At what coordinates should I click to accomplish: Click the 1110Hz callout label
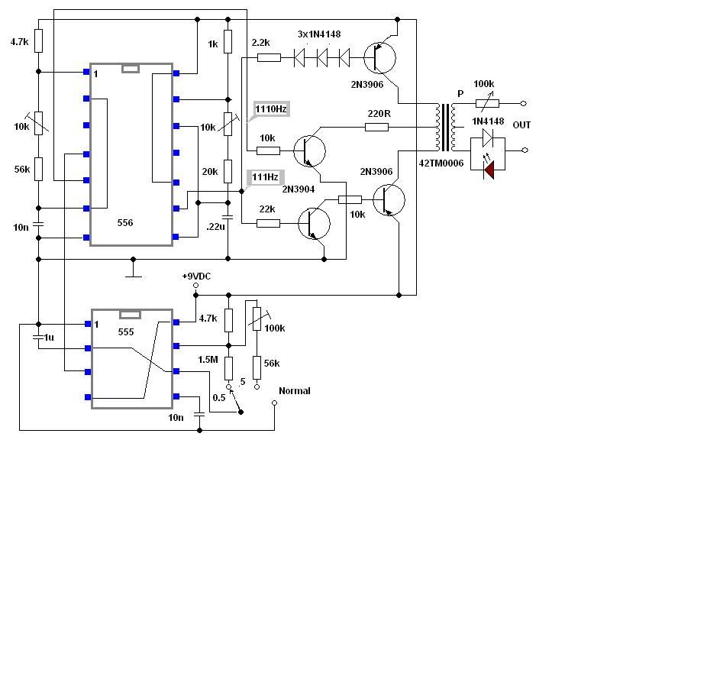pyautogui.click(x=271, y=109)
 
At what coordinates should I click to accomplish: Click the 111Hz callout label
pyautogui.click(x=266, y=176)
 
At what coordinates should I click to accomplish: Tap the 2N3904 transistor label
pyautogui.click(x=299, y=189)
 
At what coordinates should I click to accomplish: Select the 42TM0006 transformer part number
pyautogui.click(x=441, y=163)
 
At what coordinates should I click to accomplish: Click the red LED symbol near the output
pyautogui.click(x=489, y=170)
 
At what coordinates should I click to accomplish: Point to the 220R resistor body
pyautogui.click(x=376, y=128)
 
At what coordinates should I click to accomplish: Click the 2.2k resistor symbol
pyautogui.click(x=270, y=58)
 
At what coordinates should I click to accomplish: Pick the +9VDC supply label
pyautogui.click(x=196, y=276)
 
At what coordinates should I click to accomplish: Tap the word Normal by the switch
pyautogui.click(x=295, y=391)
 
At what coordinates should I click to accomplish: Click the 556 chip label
pyautogui.click(x=125, y=223)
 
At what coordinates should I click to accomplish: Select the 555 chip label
pyautogui.click(x=126, y=332)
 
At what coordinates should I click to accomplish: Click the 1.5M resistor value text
pyautogui.click(x=208, y=360)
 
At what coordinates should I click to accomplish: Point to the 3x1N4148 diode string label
pyautogui.click(x=319, y=34)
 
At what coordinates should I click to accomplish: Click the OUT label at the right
pyautogui.click(x=521, y=125)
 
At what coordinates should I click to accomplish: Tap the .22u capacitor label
pyautogui.click(x=215, y=227)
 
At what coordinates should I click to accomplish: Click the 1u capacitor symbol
pyautogui.click(x=38, y=337)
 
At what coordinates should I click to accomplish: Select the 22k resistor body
pyautogui.click(x=268, y=223)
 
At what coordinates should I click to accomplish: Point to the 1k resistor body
pyautogui.click(x=228, y=41)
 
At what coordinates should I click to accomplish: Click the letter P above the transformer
pyautogui.click(x=460, y=94)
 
